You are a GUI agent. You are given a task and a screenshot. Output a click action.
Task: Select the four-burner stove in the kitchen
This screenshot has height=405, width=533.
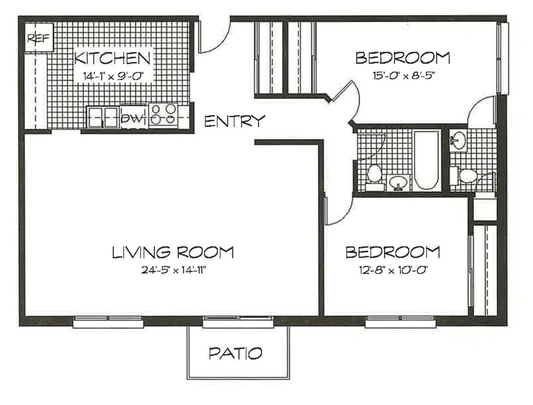tap(163, 115)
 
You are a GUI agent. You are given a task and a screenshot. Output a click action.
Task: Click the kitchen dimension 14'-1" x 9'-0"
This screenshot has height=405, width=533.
tap(113, 75)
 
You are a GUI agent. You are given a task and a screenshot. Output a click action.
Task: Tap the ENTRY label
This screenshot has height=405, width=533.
tap(234, 121)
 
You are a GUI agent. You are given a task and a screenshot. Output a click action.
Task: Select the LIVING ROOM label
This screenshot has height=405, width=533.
tap(173, 252)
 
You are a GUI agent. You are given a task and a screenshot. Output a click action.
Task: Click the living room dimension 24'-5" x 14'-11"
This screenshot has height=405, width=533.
tap(173, 270)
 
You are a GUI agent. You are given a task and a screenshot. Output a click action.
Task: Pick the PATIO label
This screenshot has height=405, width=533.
tap(236, 354)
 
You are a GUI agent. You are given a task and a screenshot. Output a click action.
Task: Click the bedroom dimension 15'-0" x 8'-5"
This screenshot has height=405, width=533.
tap(403, 75)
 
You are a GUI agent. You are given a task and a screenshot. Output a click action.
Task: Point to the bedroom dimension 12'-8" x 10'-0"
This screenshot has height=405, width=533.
tap(392, 270)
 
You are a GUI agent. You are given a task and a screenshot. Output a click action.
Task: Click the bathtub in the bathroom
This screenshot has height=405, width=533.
tap(426, 160)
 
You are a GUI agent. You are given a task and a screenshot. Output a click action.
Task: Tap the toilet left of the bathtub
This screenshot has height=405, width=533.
tap(374, 174)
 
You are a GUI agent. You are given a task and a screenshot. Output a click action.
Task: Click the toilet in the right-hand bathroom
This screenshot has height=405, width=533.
tap(467, 176)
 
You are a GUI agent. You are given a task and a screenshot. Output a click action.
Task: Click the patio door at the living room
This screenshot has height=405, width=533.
tap(238, 323)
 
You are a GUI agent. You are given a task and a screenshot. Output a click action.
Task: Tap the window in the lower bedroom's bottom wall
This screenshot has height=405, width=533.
tap(400, 323)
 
